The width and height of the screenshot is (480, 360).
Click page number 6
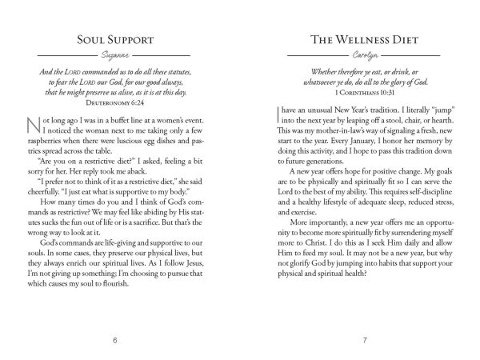(x=116, y=342)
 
